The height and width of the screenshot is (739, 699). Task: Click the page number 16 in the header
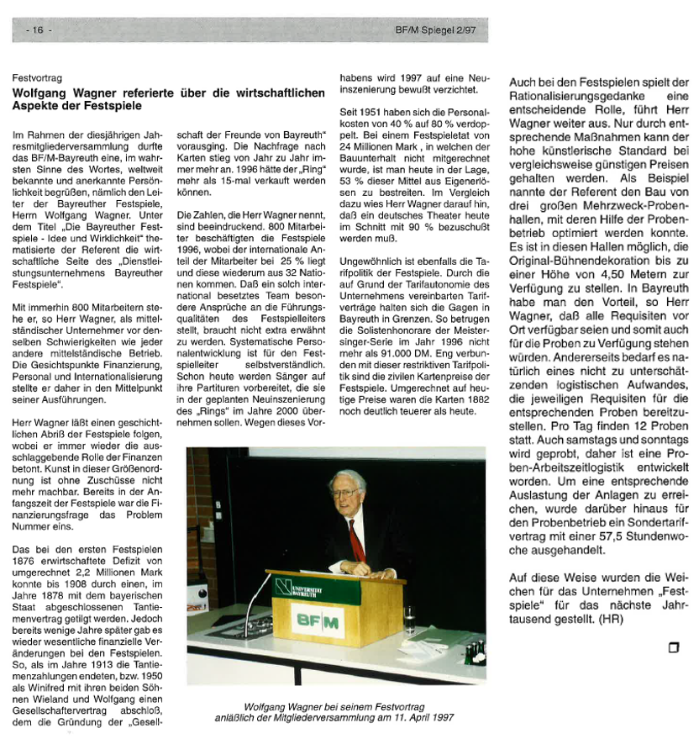coord(38,30)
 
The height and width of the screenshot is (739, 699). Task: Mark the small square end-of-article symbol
coord(673,647)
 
